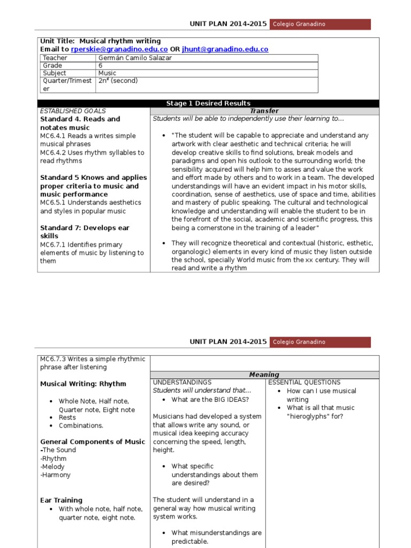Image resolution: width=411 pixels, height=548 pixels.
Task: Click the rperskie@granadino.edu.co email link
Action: coord(119,49)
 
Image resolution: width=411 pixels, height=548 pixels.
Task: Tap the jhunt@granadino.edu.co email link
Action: coord(225,49)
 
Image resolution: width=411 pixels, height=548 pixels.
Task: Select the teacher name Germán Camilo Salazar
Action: coord(135,58)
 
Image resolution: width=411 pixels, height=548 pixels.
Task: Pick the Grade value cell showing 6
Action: coord(101,65)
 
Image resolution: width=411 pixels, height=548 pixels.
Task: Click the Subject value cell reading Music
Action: coord(108,73)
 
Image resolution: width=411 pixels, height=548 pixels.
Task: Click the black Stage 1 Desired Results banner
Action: coord(208,103)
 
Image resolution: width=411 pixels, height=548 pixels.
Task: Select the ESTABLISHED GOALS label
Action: coord(73,111)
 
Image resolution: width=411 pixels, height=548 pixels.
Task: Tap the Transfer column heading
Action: coord(264,111)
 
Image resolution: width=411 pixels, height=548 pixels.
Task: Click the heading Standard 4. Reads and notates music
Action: coord(80,123)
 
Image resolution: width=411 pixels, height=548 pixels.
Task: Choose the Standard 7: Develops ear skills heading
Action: coord(85,232)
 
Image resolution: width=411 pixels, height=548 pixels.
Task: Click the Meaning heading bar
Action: coord(264,375)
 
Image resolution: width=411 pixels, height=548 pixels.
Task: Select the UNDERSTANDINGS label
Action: coord(182,383)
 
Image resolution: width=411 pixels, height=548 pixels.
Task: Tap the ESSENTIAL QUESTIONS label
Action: coord(304,383)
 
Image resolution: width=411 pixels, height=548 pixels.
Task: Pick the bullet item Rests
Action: coord(67,417)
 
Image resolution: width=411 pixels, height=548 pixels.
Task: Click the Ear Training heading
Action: coord(62,500)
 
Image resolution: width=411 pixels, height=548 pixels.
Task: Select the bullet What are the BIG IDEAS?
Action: coord(210,399)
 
